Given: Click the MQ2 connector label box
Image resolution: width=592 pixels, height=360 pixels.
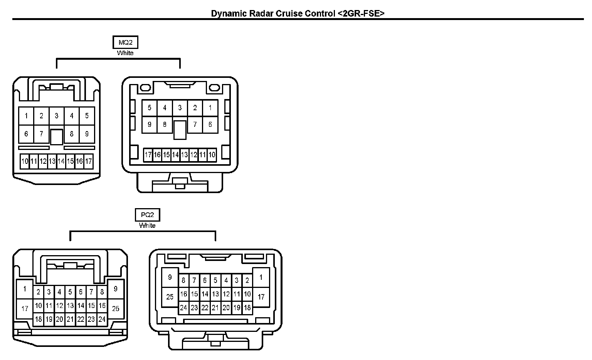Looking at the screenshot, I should tap(125, 42).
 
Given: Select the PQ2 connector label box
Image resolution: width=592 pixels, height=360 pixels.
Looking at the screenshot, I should tap(147, 215).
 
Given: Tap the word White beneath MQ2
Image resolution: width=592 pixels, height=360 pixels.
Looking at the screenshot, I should tap(125, 53).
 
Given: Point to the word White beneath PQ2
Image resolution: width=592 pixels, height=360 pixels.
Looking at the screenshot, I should tap(147, 225).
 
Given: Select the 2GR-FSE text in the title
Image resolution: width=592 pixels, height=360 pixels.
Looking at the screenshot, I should tap(362, 13).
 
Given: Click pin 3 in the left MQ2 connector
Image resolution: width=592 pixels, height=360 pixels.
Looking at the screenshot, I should tap(57, 116).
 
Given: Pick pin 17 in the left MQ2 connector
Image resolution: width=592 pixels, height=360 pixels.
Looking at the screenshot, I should tap(88, 161).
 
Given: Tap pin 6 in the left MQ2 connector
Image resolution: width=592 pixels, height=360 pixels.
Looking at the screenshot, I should tap(26, 134).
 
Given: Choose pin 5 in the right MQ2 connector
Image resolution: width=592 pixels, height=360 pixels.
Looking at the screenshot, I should tap(150, 108).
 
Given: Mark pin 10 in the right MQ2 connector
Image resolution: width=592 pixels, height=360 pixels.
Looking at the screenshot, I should tap(212, 155).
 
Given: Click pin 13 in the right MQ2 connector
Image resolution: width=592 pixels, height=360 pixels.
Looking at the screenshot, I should tap(184, 155).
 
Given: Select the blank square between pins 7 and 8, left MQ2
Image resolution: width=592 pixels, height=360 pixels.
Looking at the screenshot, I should tap(57, 137).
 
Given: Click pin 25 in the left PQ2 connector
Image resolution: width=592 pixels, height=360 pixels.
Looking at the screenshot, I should tap(116, 308).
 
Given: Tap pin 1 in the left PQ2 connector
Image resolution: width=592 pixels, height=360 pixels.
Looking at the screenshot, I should tap(25, 289).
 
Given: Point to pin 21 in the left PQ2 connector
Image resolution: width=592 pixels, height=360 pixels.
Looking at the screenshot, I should tap(70, 319).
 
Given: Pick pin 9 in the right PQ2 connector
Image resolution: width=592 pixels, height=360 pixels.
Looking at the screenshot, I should tap(170, 278).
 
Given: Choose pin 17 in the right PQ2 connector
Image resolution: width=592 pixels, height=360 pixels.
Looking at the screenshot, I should tap(261, 297).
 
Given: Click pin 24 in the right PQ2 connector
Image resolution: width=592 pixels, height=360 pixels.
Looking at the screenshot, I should tap(183, 308).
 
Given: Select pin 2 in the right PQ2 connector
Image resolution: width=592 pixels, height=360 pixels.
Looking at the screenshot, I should tap(247, 281).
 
